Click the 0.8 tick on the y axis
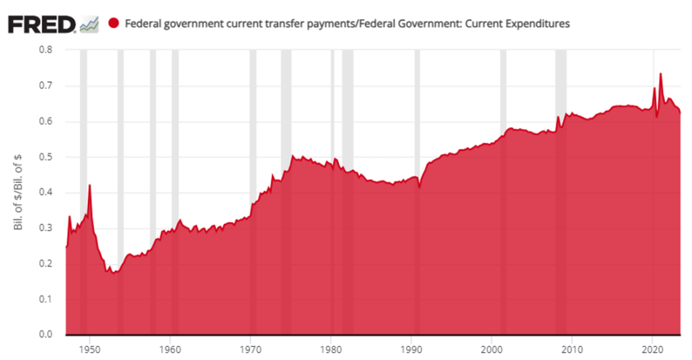click(x=45, y=50)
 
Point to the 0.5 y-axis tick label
click(x=45, y=157)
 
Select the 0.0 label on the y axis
click(x=45, y=335)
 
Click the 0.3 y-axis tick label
click(x=45, y=228)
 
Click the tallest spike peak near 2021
click(x=660, y=74)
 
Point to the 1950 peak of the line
click(x=90, y=185)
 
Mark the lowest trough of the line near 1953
click(x=114, y=272)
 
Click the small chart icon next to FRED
click(x=89, y=24)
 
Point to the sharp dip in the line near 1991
click(x=419, y=187)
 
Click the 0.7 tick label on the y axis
click(x=45, y=86)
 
